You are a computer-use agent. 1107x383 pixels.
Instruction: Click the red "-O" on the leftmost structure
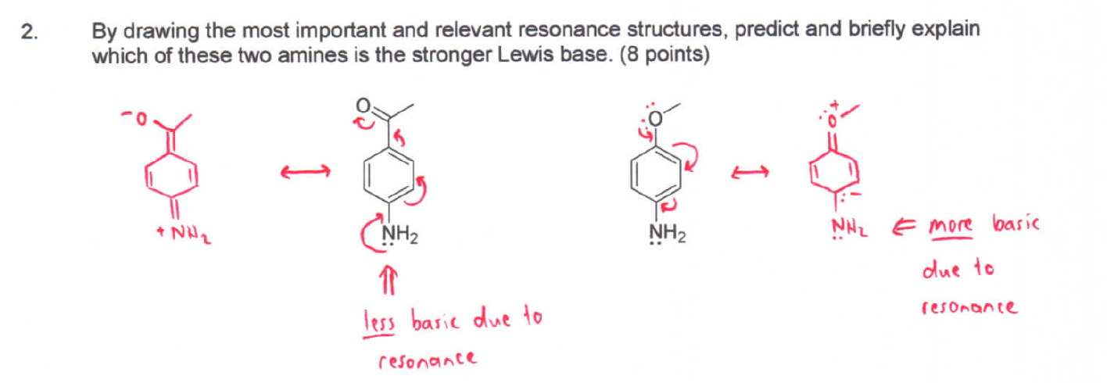point(135,119)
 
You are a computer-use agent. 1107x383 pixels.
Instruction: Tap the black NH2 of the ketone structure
point(399,233)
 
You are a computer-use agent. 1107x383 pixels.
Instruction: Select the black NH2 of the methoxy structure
point(668,233)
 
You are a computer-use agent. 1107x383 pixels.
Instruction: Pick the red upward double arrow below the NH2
point(389,276)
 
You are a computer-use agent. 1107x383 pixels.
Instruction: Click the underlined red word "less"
point(380,320)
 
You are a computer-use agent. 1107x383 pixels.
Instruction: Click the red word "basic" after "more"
point(1015,225)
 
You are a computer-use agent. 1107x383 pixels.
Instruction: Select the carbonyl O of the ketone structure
point(362,106)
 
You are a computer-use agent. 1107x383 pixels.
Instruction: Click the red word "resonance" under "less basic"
point(426,360)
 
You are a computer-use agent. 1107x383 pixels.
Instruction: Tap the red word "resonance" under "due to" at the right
point(969,307)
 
